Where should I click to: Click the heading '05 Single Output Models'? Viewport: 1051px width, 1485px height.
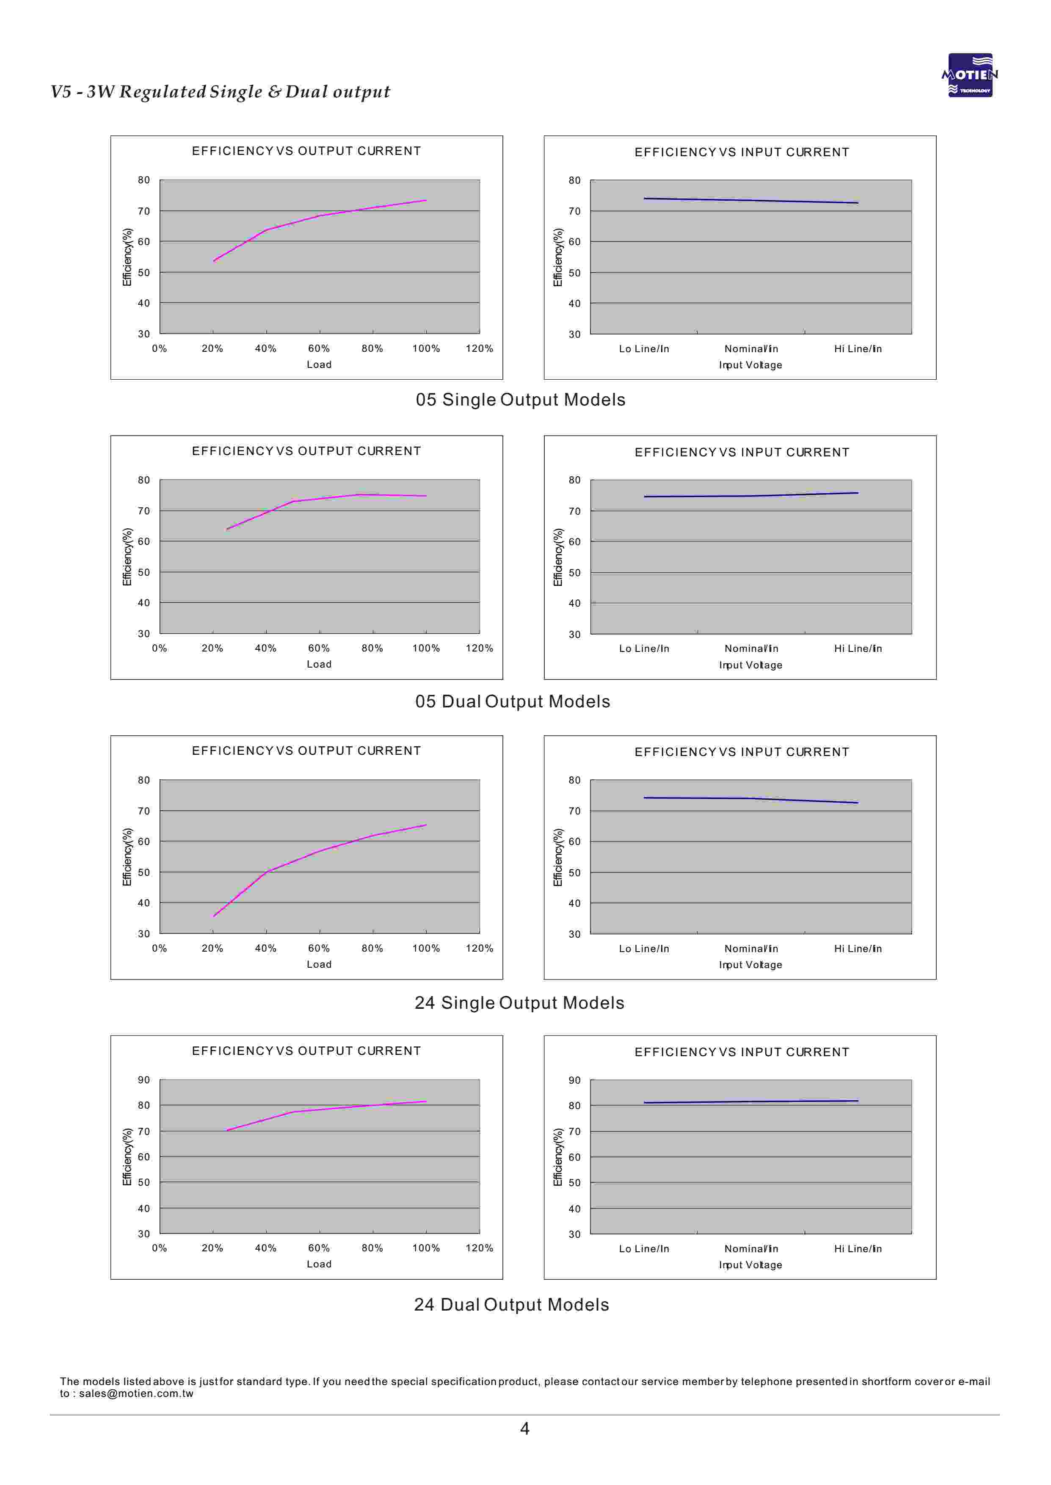(520, 400)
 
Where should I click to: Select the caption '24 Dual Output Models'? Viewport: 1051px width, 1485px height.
(511, 1305)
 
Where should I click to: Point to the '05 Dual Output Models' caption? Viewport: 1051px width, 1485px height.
(513, 701)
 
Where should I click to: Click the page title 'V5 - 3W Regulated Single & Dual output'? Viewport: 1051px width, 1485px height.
(221, 92)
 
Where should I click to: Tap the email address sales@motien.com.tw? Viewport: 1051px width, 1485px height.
(136, 1394)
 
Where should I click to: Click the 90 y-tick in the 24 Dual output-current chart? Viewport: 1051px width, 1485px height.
(143, 1080)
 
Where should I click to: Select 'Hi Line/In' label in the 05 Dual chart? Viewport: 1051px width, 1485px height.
(858, 649)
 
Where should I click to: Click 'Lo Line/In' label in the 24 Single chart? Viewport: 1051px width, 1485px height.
(644, 949)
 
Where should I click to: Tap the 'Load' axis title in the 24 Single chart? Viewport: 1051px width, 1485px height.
(319, 964)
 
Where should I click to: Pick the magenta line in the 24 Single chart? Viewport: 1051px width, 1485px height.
(320, 851)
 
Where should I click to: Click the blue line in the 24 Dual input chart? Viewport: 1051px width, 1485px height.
(751, 1101)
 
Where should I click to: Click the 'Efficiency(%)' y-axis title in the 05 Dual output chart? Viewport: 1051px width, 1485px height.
(127, 557)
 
